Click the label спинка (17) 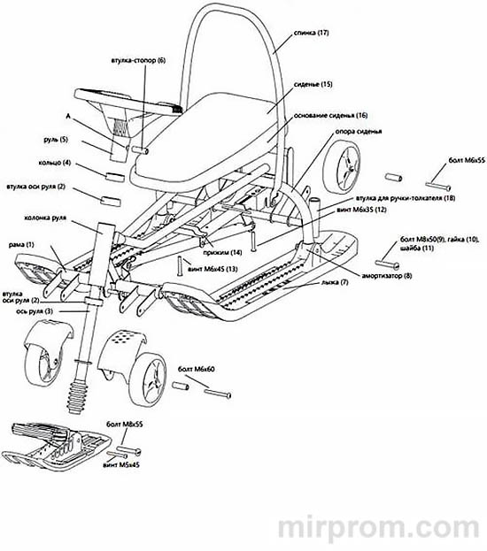tap(311, 33)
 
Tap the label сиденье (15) tap(313, 85)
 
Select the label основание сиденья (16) tap(330, 115)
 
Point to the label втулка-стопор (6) tap(138, 60)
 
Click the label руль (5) tap(56, 140)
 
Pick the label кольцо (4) tap(55, 163)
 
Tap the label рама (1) tap(21, 244)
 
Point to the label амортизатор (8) tap(387, 276)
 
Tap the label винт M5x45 tap(121, 464)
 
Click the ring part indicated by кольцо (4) tap(115, 177)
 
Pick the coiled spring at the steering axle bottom tap(77, 396)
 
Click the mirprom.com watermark tap(378, 527)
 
